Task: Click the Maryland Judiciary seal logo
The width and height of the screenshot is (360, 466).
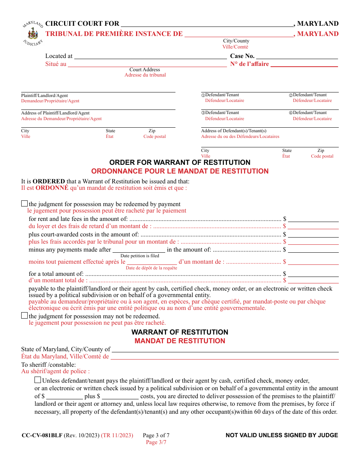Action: [33, 33]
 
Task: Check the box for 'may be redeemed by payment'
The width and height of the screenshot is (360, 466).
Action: [25, 204]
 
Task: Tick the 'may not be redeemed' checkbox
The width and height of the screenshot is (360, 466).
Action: [25, 316]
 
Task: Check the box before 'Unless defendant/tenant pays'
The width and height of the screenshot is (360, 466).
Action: [38, 380]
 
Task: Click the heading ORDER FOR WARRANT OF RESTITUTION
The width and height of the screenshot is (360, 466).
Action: [180, 163]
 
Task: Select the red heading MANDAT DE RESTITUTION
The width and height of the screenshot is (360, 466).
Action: [180, 341]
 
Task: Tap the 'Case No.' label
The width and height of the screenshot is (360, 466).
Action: [242, 56]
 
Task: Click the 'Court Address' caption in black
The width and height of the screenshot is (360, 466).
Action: [145, 70]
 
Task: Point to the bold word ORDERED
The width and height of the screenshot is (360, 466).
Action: [49, 181]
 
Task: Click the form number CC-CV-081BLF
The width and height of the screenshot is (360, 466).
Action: [42, 435]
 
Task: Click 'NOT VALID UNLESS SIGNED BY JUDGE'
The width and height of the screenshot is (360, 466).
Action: [282, 435]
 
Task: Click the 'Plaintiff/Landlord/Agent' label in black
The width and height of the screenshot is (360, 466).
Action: [44, 96]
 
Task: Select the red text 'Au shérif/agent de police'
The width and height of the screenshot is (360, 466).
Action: [55, 371]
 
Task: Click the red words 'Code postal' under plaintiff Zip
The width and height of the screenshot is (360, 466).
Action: [154, 136]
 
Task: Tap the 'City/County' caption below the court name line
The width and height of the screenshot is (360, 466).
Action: [236, 41]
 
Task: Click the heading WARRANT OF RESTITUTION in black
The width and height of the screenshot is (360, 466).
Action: [180, 332]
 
